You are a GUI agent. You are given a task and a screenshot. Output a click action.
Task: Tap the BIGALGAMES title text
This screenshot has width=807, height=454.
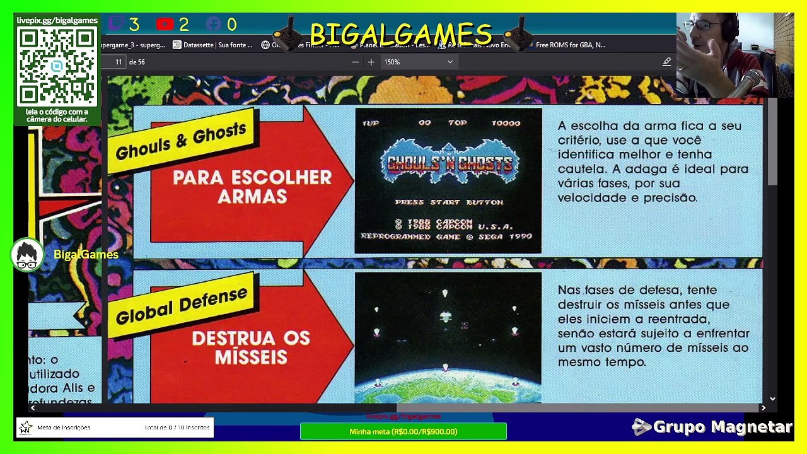(x=401, y=34)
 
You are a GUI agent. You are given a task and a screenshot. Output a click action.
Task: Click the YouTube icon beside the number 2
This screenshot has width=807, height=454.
(x=165, y=25)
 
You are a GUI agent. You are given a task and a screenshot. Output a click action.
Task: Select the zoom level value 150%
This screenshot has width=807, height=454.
(x=392, y=62)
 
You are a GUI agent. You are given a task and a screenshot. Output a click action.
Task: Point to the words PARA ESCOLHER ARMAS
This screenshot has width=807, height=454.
(x=252, y=187)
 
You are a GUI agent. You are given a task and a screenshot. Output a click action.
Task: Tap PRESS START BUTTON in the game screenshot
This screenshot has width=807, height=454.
(x=448, y=202)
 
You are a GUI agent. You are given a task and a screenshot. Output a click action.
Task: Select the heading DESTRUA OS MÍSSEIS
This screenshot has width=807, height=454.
(x=251, y=347)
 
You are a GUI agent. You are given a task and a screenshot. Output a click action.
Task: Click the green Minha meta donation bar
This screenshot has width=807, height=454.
(x=403, y=431)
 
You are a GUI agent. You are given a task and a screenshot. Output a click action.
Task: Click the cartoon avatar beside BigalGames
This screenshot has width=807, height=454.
(x=26, y=255)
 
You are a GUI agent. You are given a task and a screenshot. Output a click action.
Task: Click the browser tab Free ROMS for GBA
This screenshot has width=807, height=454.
(x=570, y=45)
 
